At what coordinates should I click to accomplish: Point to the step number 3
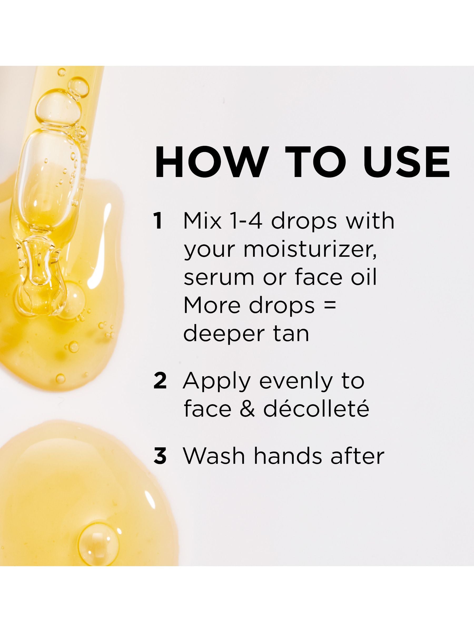(160, 456)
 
